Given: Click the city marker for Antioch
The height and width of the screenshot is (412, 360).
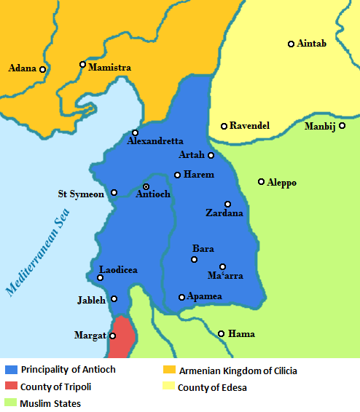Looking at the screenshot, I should [x=146, y=187].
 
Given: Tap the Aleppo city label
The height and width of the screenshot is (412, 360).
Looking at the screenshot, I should [x=282, y=183].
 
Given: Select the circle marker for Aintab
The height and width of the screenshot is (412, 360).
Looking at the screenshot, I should [x=291, y=44].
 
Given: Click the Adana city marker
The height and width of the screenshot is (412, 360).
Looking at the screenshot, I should [x=42, y=69].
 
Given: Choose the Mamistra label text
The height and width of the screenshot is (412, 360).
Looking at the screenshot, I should [x=110, y=68].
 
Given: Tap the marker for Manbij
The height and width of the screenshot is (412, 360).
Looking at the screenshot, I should [x=342, y=126].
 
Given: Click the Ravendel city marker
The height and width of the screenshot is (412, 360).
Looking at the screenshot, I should [x=224, y=126].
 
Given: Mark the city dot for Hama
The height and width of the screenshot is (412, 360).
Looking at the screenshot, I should [x=222, y=334].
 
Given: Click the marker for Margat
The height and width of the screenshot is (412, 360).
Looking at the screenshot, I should [x=112, y=336].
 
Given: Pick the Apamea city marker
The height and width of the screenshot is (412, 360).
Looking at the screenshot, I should [x=181, y=297].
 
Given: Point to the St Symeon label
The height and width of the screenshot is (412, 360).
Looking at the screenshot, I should [x=82, y=194].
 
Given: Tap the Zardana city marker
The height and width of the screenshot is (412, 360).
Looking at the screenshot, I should [x=227, y=204].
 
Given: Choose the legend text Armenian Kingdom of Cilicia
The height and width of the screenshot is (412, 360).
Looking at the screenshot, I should [x=237, y=371].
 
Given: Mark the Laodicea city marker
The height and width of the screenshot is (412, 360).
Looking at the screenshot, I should [x=101, y=277].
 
